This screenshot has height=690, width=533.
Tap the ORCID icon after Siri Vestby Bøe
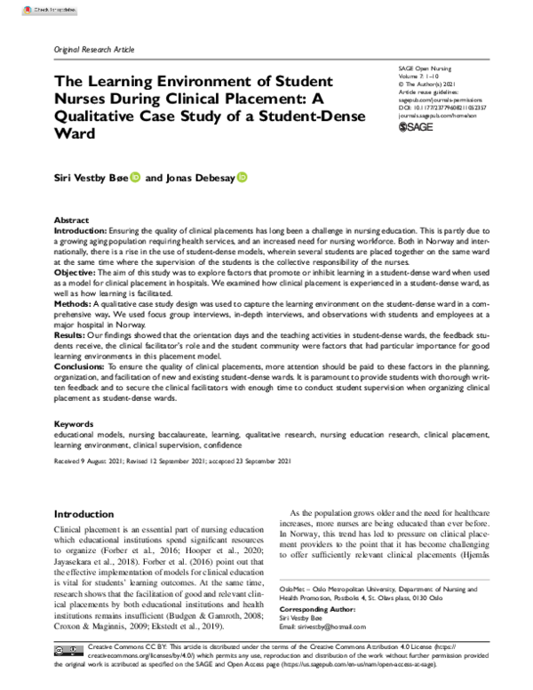tap(135, 178)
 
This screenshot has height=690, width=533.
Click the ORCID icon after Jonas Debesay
tap(242, 178)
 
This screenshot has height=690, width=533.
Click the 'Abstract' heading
tap(71, 219)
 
